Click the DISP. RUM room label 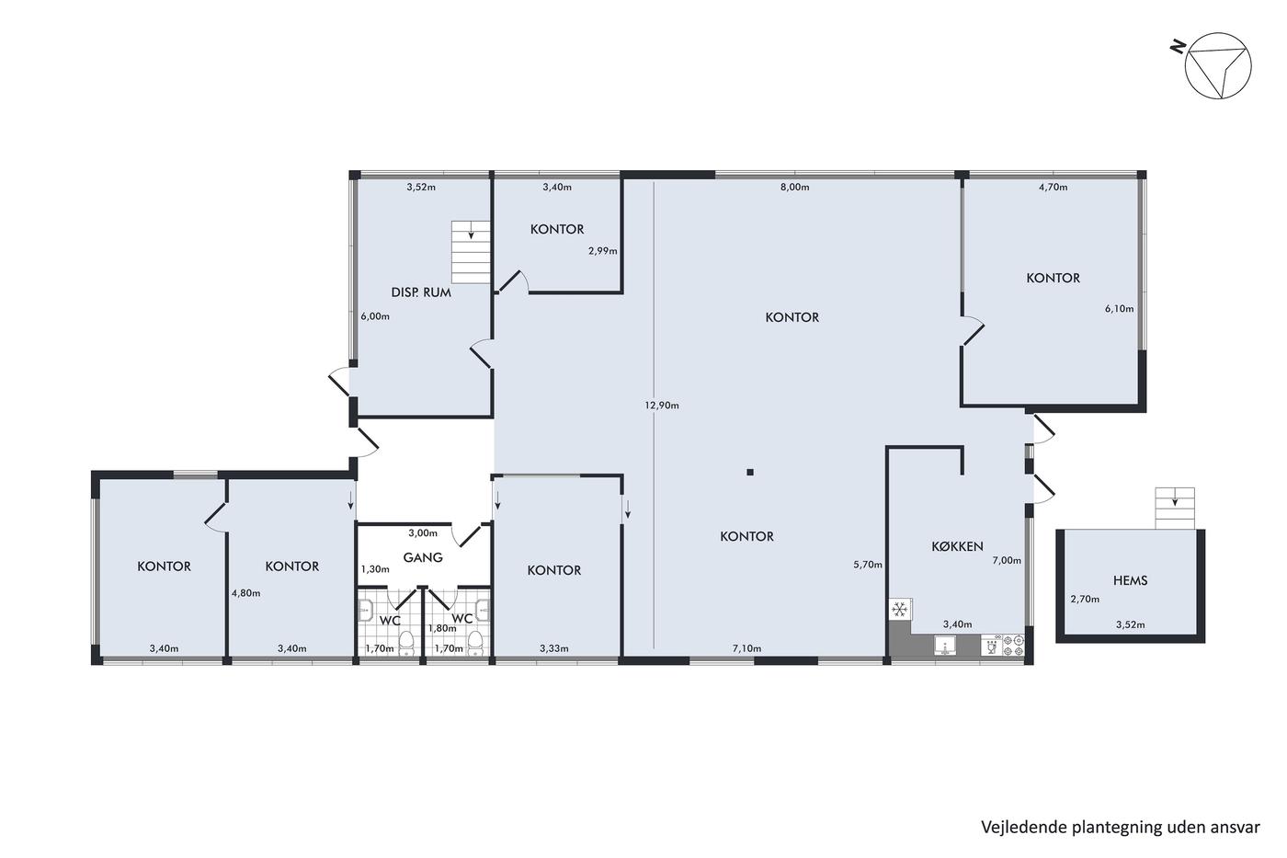coord(421,292)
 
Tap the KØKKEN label coord(957,546)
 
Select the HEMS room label coord(1130,580)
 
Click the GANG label coord(423,557)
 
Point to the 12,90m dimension coord(661,406)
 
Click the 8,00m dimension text coord(794,187)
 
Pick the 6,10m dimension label coord(1120,309)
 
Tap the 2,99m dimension coord(603,250)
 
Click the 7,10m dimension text coord(746,648)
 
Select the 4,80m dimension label coord(246,593)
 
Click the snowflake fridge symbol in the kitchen coord(900,609)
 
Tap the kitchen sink coord(945,646)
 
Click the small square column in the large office coord(750,473)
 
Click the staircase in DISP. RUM coord(471,252)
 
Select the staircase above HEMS coord(1175,508)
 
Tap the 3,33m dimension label coord(553,648)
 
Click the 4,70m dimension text coord(1054,187)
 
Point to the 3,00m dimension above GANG coord(423,532)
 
